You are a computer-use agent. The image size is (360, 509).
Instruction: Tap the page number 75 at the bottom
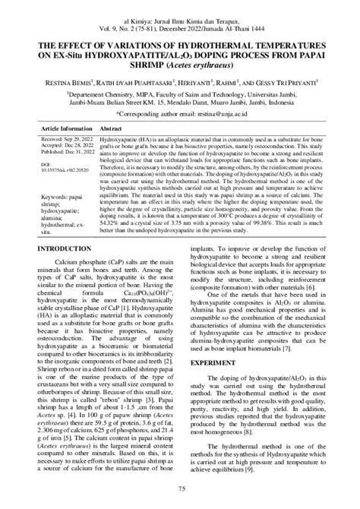point(181,488)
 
